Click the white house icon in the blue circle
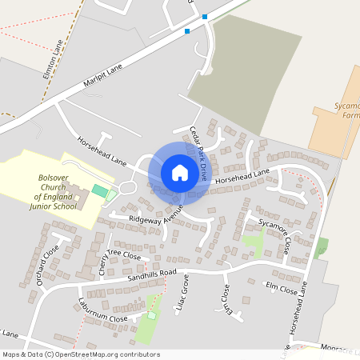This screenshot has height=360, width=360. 180,173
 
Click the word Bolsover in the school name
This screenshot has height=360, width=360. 55,178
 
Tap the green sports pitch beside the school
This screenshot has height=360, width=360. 99,191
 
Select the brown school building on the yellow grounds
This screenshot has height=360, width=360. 81,198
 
